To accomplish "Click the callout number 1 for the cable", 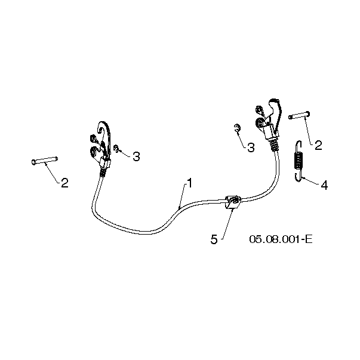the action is (190, 183).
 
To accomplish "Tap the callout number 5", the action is (214, 239).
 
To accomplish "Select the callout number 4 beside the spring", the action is (324, 185).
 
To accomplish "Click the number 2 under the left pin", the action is (64, 183).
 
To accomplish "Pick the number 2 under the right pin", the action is (318, 145).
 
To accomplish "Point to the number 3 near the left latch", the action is (136, 156).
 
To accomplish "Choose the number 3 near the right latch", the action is (251, 147).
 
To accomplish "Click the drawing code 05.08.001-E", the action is (281, 239).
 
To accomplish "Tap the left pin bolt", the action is (45, 161).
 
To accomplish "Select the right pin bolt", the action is (299, 115).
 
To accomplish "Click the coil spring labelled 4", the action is (299, 161).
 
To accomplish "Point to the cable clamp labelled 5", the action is (233, 202).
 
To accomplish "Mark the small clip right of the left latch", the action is (116, 149).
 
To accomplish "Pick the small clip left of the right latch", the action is (237, 128).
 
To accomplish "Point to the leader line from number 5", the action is (227, 224).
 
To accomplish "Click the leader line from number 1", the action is (182, 196).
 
